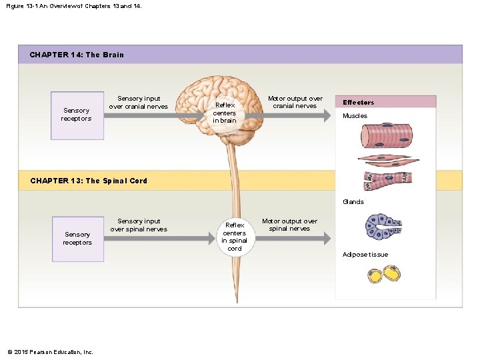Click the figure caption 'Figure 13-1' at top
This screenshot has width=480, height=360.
(74, 5)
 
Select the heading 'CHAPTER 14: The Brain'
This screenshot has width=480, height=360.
(77, 55)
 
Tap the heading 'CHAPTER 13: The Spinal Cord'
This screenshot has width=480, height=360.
(89, 181)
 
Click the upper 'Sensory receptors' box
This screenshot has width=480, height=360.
(77, 115)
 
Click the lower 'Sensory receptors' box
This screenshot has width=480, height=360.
(77, 238)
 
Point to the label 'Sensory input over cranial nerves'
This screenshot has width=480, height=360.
(138, 103)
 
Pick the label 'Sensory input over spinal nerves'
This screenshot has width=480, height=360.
(138, 225)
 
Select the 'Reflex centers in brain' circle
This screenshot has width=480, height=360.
(225, 113)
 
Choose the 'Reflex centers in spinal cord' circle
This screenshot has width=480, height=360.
(234, 237)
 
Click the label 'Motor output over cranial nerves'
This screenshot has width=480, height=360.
(295, 102)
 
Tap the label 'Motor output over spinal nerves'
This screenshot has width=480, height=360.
(289, 225)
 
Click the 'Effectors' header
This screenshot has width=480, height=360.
(358, 103)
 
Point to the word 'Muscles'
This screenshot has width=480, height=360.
(355, 116)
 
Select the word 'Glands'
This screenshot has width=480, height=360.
(353, 201)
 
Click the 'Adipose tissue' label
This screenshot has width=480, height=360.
(365, 254)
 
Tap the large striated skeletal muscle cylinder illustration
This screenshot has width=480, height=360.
(387, 135)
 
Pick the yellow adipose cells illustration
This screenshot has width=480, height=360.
(384, 274)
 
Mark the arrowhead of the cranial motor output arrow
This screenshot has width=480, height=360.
(326, 115)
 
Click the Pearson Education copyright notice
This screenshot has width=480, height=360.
(50, 352)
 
